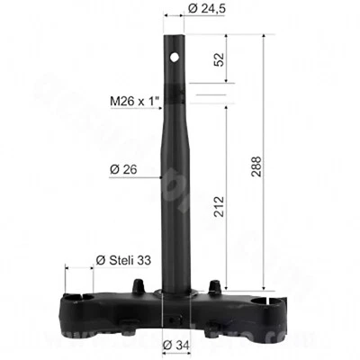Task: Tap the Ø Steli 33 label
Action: point(125,261)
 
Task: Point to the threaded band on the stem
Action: point(175,95)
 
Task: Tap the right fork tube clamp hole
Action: point(267,301)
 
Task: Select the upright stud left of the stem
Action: point(137,285)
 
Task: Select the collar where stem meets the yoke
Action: point(175,293)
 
